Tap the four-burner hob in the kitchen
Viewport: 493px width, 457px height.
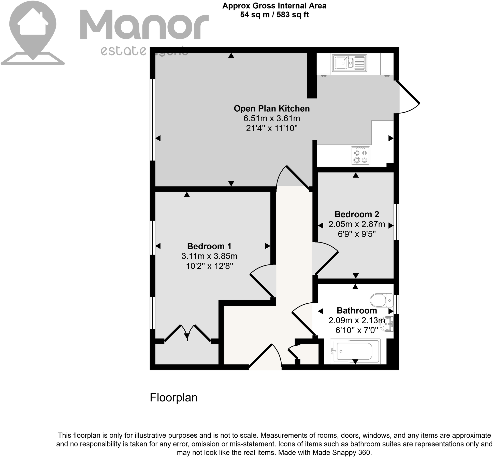[x=360, y=156]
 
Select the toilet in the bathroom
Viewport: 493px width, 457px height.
[x=382, y=300]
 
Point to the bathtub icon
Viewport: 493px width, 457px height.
[x=355, y=351]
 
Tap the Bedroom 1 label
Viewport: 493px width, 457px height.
[x=209, y=246]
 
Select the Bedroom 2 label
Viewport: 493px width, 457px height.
[x=357, y=214]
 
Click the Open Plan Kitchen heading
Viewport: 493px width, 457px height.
[x=271, y=109]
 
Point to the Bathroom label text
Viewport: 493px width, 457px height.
[x=357, y=311]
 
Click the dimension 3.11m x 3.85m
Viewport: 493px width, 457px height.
[x=209, y=256]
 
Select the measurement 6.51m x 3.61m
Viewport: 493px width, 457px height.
[x=272, y=118]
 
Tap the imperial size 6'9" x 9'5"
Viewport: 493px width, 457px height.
[x=357, y=234]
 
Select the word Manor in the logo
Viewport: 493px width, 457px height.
[x=144, y=25]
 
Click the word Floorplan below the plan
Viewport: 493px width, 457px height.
[x=173, y=398]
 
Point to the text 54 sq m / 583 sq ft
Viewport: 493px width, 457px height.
[x=274, y=15]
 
